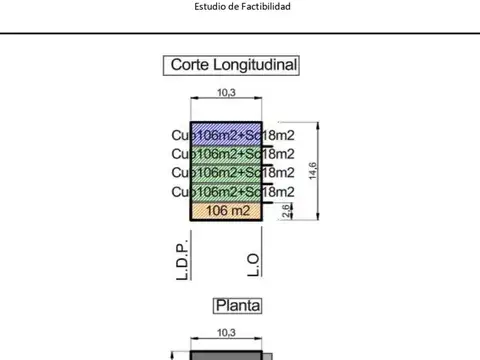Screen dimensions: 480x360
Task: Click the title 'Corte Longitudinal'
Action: pyautogui.click(x=235, y=66)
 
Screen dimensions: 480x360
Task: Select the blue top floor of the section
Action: pyautogui.click(x=226, y=135)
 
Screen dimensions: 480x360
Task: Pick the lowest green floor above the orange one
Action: pyautogui.click(x=226, y=191)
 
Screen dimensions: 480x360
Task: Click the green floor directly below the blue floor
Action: pyautogui.click(x=226, y=154)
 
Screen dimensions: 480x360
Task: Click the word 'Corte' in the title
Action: pyautogui.click(x=191, y=66)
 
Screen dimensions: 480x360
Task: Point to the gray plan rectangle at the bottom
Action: pyautogui.click(x=227, y=355)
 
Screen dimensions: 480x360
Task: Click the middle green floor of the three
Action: pyautogui.click(x=226, y=172)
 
